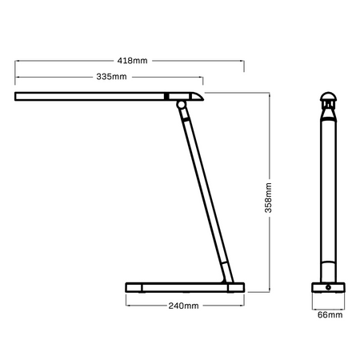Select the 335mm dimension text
pyautogui.click(x=112, y=77)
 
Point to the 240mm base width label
pyautogui.click(x=184, y=306)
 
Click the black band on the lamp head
pyautogui.click(x=166, y=97)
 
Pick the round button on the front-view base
pyautogui.click(x=328, y=287)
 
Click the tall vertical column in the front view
pyautogui.click(x=328, y=192)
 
